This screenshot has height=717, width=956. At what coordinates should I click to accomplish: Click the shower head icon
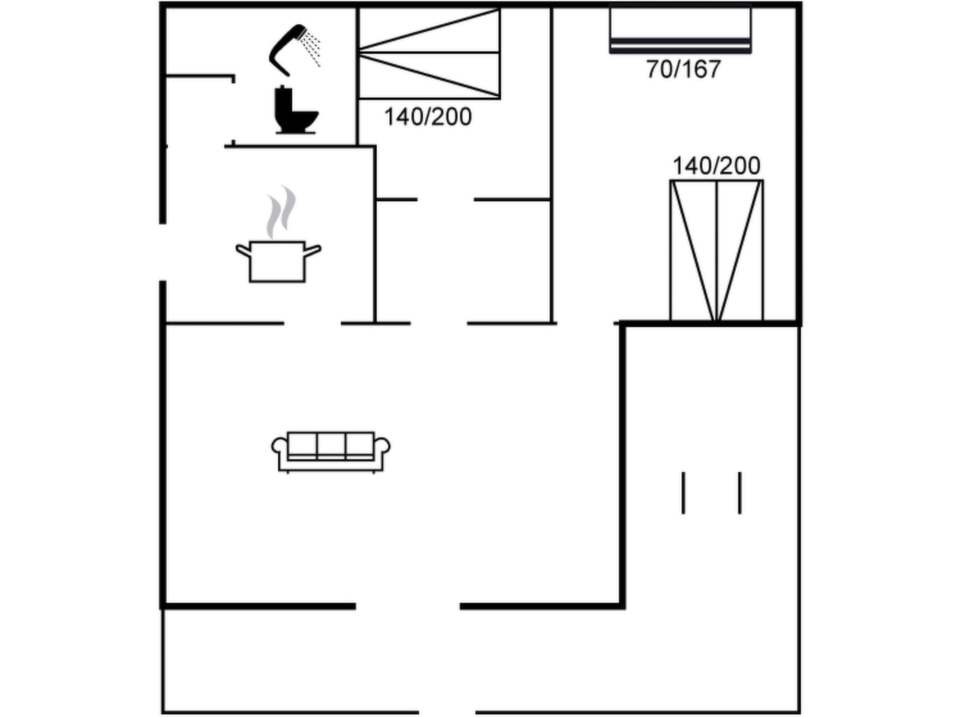(286, 49)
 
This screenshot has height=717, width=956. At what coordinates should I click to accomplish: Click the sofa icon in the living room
(330, 452)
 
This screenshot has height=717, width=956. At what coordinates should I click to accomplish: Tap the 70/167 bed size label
(683, 69)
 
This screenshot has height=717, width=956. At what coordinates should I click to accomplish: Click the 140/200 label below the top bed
(428, 117)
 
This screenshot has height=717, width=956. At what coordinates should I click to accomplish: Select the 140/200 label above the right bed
(716, 166)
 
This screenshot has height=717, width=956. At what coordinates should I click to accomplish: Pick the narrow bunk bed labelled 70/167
(680, 29)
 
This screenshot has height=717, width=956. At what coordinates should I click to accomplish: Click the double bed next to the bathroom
(429, 52)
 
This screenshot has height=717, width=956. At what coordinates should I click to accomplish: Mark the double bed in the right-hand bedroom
(717, 251)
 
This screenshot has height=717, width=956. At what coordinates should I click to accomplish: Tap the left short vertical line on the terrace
(683, 493)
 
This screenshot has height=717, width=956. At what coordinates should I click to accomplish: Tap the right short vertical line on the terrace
(740, 493)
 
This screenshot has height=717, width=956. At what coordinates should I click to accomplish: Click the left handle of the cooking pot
(243, 251)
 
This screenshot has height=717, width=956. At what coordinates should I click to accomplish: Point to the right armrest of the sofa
(383, 446)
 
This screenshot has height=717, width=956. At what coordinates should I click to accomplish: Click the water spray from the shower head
(311, 47)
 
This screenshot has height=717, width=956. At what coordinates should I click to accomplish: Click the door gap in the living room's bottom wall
(408, 606)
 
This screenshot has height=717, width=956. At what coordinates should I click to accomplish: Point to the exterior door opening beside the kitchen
(163, 252)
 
